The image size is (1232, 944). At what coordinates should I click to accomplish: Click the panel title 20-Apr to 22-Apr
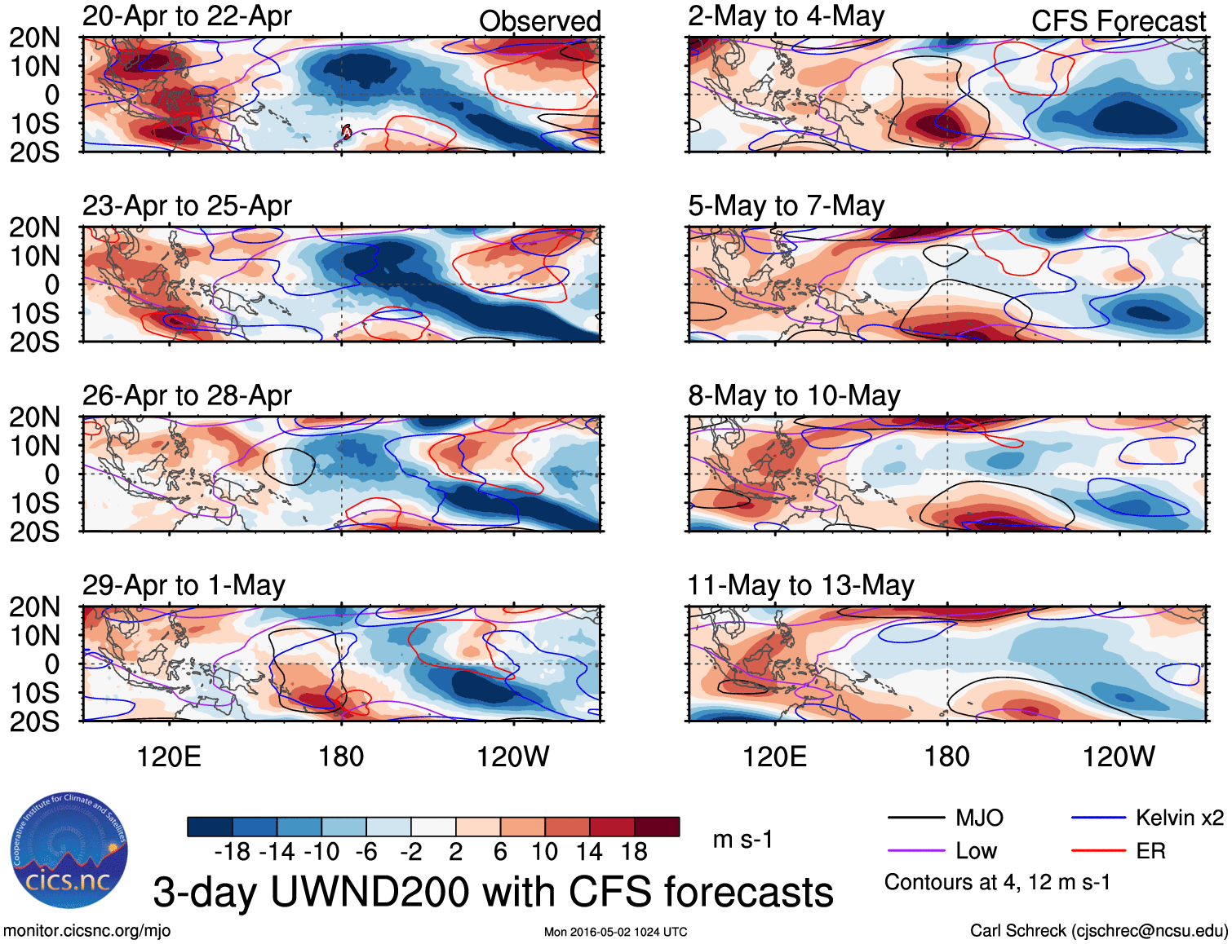pyautogui.click(x=187, y=16)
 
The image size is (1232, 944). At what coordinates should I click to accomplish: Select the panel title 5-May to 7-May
pyautogui.click(x=786, y=206)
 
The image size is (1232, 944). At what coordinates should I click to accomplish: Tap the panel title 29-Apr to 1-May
pyautogui.click(x=184, y=585)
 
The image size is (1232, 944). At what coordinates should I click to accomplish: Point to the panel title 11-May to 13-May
pyautogui.click(x=800, y=585)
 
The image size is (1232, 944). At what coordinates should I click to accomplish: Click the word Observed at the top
pyautogui.click(x=539, y=21)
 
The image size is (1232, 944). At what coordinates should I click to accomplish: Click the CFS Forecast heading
pyautogui.click(x=1118, y=21)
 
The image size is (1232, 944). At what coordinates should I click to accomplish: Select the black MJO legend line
pyautogui.click(x=915, y=818)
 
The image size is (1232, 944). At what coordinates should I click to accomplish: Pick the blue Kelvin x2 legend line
pyautogui.click(x=1098, y=818)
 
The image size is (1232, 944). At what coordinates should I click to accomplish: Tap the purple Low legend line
pyautogui.click(x=915, y=851)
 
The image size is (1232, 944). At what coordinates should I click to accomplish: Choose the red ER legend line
pyautogui.click(x=1098, y=851)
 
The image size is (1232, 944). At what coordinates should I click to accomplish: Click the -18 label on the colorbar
pyautogui.click(x=232, y=852)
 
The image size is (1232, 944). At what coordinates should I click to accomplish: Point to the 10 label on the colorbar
pyautogui.click(x=544, y=852)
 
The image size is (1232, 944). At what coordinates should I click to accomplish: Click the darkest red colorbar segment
pyautogui.click(x=657, y=827)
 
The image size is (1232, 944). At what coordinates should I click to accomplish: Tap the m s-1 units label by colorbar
pyautogui.click(x=742, y=840)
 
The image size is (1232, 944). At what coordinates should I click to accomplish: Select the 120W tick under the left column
pyautogui.click(x=512, y=757)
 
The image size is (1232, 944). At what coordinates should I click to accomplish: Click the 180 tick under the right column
pyautogui.click(x=946, y=757)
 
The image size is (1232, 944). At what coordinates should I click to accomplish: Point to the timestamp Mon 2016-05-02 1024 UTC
pyautogui.click(x=615, y=932)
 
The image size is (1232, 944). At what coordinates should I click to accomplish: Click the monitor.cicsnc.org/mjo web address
pyautogui.click(x=87, y=931)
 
